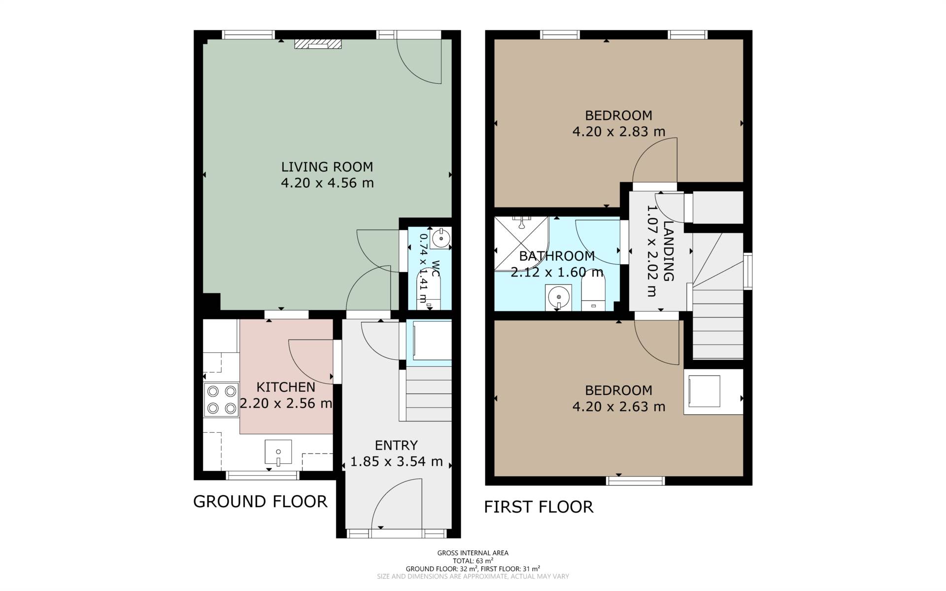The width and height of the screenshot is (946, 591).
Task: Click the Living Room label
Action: coord(327,167)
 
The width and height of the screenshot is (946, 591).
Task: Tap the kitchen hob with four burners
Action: coord(221,400)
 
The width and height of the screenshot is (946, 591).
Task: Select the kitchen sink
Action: coord(278,452)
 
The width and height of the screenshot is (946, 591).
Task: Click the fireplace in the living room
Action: coord(318,44)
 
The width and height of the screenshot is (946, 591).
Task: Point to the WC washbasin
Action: coord(440,239)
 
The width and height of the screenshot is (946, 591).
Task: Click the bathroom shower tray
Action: coord(521,243)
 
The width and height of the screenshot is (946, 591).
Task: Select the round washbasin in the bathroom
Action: coord(558,297)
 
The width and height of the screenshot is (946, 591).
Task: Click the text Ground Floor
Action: coord(260,501)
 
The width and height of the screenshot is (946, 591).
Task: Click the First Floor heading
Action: coord(539,507)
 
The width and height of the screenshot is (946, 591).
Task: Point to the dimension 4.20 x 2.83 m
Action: coord(619,132)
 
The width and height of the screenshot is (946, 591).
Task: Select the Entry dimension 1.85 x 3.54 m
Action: coord(397,462)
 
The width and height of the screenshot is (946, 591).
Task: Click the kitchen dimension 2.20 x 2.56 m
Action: coord(286,403)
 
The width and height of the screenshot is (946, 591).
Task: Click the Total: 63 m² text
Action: coord(473,561)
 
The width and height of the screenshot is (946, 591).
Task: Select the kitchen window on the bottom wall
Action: coord(263,475)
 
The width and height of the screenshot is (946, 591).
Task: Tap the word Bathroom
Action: coord(557,256)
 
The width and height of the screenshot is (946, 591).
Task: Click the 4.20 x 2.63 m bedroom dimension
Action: coord(619,407)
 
